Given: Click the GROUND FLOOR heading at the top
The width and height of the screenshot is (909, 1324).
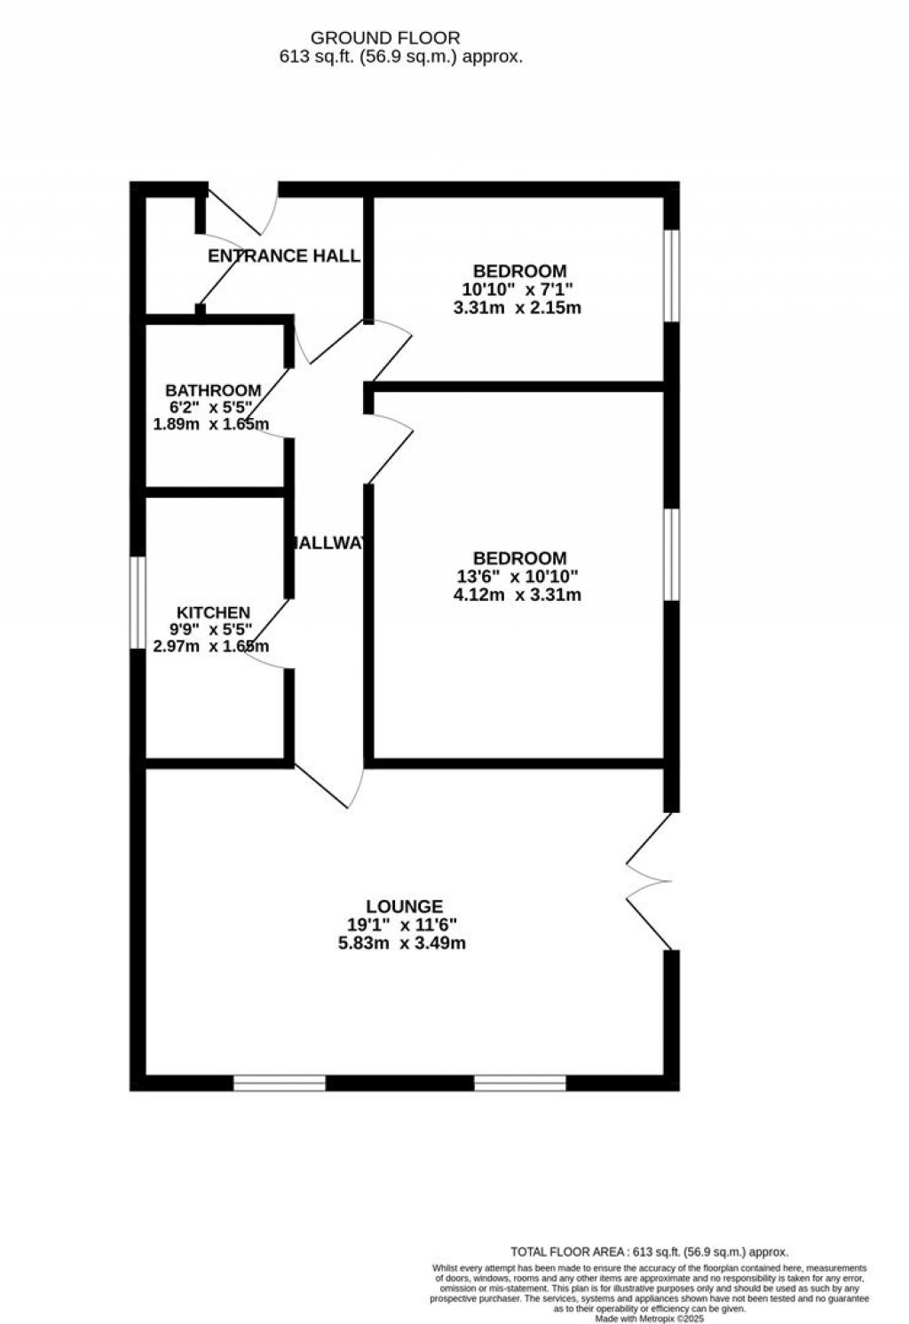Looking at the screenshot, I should point(384,38).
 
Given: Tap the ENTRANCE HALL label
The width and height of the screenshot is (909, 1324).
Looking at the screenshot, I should point(284,256).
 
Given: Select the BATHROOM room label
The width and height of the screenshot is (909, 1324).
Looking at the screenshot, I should point(213,390).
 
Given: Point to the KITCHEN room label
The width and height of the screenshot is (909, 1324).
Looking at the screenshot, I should point(213,612).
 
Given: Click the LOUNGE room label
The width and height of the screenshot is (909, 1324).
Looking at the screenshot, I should point(404,906).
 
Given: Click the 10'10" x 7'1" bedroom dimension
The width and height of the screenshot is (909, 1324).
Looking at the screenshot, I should point(518,289).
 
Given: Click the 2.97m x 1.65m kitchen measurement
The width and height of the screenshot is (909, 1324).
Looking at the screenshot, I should point(211,646).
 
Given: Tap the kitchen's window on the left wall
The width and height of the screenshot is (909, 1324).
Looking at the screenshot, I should point(138,603).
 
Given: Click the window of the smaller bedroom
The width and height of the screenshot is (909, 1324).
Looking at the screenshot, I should point(672,276).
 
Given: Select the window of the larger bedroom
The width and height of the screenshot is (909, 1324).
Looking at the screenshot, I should point(672,555).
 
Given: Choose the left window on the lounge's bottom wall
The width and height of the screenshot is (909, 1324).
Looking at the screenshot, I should point(280,1083).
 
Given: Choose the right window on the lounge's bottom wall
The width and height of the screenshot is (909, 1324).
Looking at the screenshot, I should point(520,1083).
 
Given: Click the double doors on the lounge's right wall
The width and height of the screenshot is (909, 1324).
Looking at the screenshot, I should point(652,881).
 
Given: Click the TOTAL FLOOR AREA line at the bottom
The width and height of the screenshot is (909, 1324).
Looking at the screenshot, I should point(649,1251).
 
